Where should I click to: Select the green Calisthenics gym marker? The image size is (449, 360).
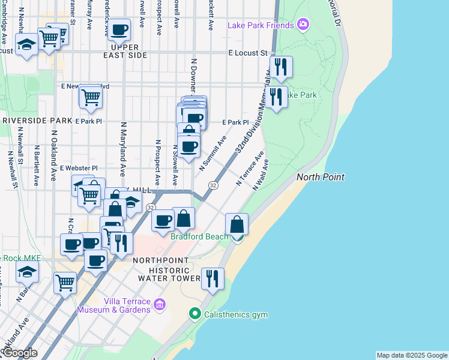click(194, 314)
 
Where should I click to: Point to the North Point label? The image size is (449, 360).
click(321, 177)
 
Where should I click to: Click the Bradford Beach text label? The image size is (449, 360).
click(199, 236)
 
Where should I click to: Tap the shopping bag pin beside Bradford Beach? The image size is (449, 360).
click(237, 225)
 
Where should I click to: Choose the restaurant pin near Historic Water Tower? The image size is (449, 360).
click(212, 279)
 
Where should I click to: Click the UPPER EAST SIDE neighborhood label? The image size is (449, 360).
click(125, 51)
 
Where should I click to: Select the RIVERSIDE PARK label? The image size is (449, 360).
click(37, 121)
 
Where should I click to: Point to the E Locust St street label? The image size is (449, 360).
click(247, 53)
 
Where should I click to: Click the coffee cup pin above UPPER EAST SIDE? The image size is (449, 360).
click(119, 29)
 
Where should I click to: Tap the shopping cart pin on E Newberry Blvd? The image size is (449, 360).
click(91, 97)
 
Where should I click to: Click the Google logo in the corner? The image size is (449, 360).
click(19, 353)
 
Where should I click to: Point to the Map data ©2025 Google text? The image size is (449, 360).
click(411, 355)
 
